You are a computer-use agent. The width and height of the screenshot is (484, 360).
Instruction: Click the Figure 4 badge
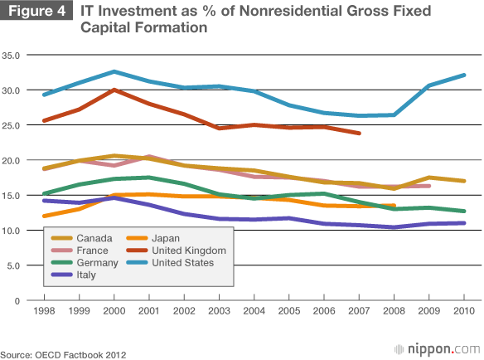(36, 10)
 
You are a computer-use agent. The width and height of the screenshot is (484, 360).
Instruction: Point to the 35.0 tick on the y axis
(11, 56)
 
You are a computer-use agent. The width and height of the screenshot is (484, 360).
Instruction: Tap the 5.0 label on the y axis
(13, 265)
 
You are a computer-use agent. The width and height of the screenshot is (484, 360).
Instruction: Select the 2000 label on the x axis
(114, 310)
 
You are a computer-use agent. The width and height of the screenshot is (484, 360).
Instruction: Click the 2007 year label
(359, 310)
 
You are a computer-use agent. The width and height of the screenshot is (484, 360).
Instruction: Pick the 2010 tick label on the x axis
(464, 310)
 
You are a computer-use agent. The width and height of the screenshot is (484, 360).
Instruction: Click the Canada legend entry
(81, 238)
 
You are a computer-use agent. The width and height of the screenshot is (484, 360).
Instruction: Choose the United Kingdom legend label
(189, 251)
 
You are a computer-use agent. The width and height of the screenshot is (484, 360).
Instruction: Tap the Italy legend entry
(74, 275)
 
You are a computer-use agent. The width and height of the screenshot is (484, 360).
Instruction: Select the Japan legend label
(166, 238)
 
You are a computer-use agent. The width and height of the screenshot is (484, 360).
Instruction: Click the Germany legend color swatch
(61, 263)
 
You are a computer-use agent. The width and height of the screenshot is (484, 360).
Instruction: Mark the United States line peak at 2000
(114, 71)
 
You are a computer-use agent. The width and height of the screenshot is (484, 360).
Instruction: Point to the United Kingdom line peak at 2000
(114, 90)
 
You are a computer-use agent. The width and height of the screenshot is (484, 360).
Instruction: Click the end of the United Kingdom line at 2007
(359, 134)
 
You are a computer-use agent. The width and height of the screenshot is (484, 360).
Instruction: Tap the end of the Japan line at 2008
(394, 205)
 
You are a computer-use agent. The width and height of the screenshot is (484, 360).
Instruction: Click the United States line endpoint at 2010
(464, 75)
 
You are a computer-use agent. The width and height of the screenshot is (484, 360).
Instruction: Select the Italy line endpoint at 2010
(464, 223)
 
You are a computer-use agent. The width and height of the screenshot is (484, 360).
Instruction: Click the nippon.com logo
(438, 349)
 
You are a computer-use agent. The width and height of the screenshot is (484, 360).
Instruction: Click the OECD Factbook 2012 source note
(63, 355)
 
